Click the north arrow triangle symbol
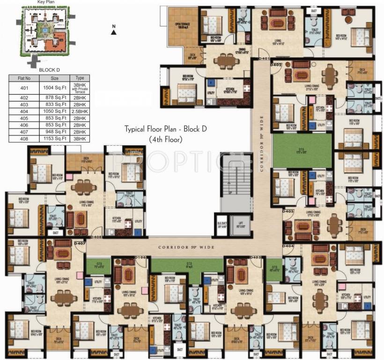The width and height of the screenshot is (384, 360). point(114,31)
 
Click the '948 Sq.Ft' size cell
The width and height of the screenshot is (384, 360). point(54,132)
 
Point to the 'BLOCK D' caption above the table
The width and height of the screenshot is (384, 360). point(48,69)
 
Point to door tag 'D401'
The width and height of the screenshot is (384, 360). point(264,59)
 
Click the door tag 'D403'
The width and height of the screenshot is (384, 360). point(288,211)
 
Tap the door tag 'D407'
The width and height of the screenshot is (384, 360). point(79,243)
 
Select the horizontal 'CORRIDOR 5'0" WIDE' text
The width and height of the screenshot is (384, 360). point(186,247)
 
